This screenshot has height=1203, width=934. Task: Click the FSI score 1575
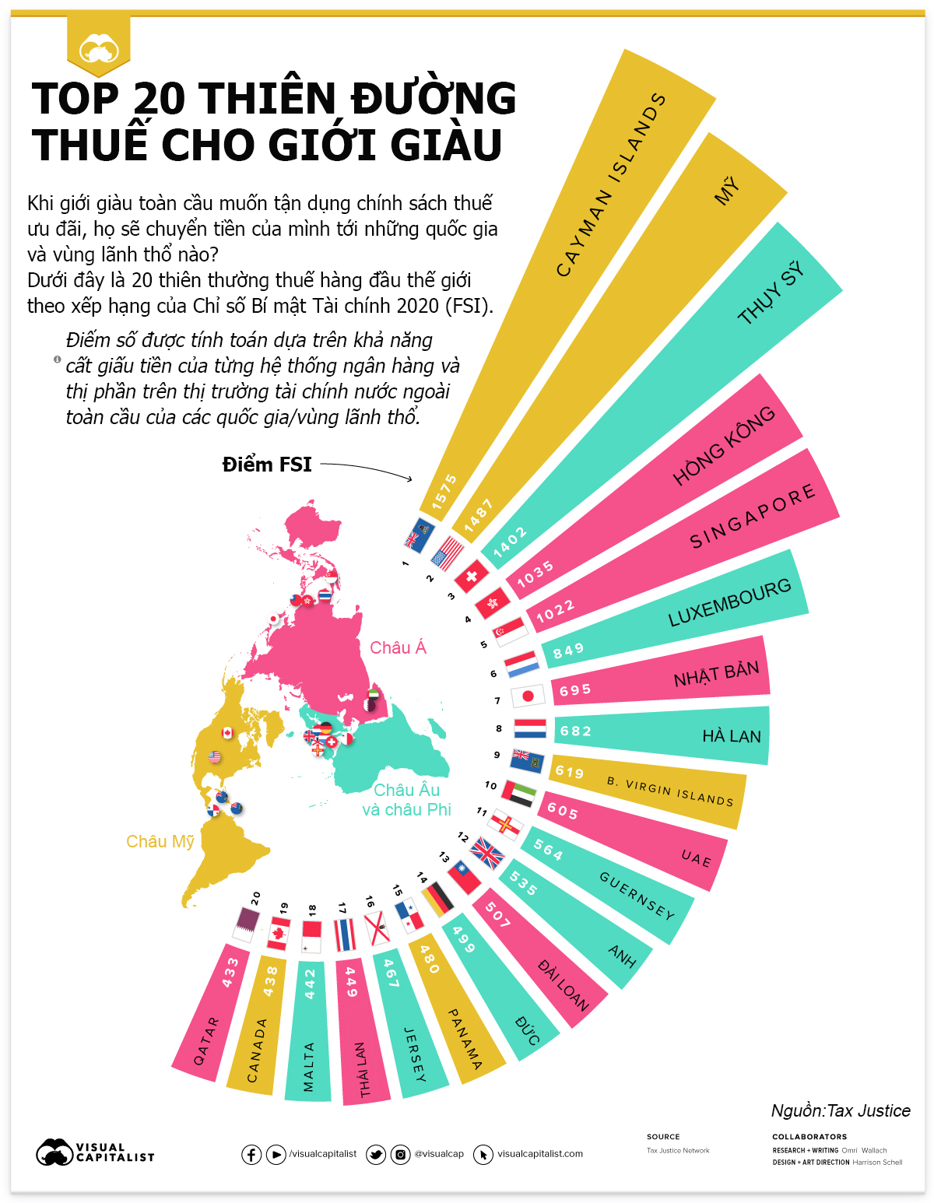[444, 492]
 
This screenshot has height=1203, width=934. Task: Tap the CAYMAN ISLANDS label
[611, 185]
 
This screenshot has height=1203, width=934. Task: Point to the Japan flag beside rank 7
[528, 696]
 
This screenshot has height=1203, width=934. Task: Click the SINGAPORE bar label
[753, 516]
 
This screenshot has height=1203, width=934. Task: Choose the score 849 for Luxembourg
[568, 651]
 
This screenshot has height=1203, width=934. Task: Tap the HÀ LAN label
[732, 736]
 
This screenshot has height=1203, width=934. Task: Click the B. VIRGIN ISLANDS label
[670, 791]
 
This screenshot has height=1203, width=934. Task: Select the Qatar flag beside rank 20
[246, 924]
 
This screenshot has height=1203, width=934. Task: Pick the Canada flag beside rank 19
[279, 933]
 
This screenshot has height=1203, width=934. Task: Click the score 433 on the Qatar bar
[230, 973]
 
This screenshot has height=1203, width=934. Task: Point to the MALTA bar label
[309, 1067]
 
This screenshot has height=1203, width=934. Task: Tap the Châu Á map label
[398, 647]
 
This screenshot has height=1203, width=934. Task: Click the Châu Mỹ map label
[160, 841]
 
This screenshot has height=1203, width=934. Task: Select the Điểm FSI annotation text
[267, 465]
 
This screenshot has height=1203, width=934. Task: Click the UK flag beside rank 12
[488, 853]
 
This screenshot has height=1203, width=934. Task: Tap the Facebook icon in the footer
[251, 1154]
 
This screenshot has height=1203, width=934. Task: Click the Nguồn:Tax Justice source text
[841, 1110]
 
